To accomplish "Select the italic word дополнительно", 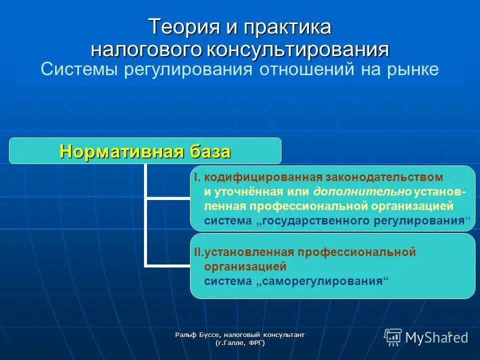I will coord(363,192).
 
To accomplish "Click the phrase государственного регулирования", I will coord(363,221).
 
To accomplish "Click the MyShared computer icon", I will coord(393,337).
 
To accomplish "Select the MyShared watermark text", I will coord(436,337).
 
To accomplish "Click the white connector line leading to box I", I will coord(167,198).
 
